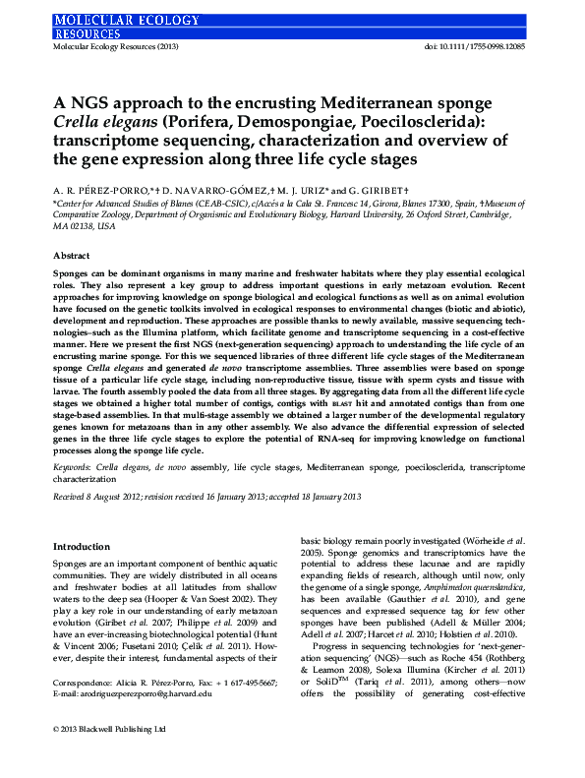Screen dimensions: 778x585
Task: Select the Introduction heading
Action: point(81,546)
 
